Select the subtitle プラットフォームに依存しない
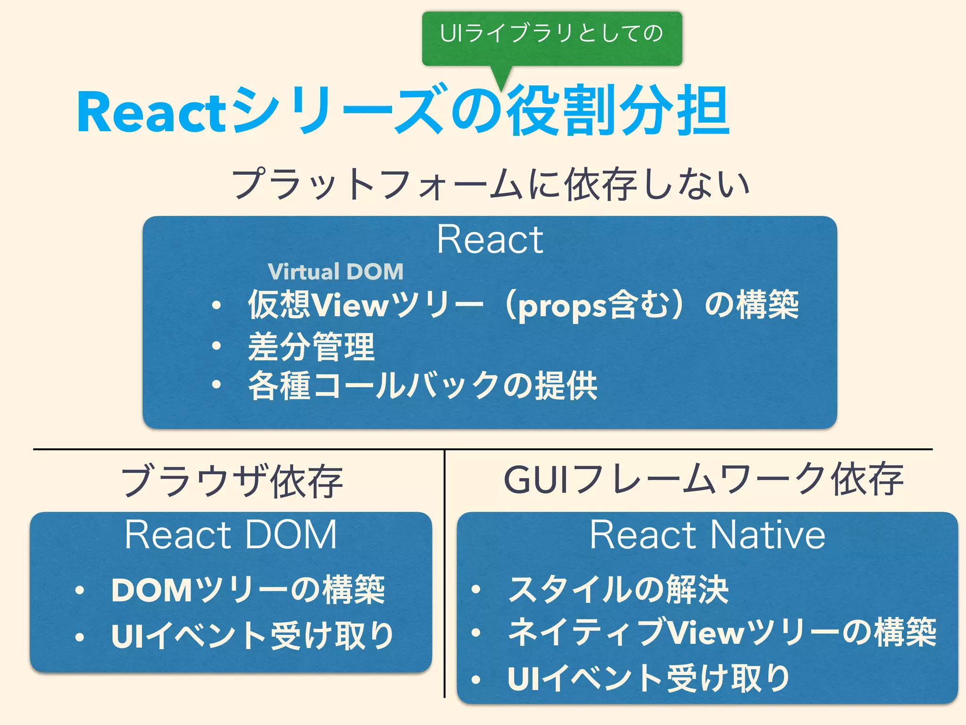pos(491,184)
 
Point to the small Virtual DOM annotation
pos(335,272)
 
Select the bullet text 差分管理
pos(311,347)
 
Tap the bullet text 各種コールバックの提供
pos(423,386)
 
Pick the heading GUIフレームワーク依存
pos(703,480)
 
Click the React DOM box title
pos(231,535)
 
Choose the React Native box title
pos(708,535)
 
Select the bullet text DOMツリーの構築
pos(248,590)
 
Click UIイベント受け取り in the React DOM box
pos(253,635)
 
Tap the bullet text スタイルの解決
pos(618,590)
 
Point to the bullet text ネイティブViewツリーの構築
pos(722,632)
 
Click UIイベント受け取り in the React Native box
pos(649,678)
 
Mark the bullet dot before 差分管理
pos(217,346)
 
